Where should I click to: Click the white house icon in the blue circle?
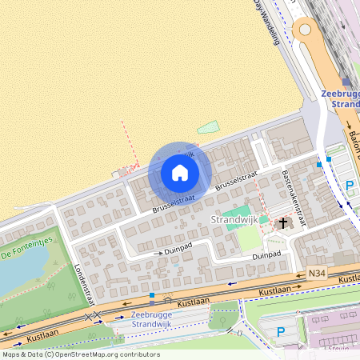point(180,173)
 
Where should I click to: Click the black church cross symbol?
point(282,223)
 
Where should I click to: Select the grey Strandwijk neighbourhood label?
point(233,219)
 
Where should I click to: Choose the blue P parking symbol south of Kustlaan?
point(280,331)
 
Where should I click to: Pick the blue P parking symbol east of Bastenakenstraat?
point(349,186)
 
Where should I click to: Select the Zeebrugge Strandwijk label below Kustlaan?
point(151,319)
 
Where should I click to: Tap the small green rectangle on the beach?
point(208,126)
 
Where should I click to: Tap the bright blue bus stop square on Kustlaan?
point(152,296)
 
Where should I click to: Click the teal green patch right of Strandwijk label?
point(263,219)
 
